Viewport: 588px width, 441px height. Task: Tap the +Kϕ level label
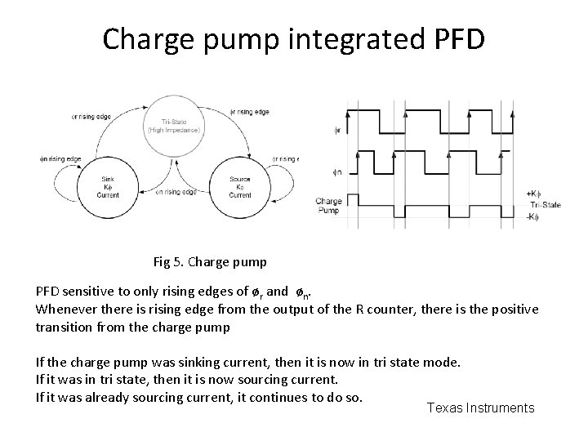[532, 194]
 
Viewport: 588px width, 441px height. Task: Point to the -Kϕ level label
[532, 216]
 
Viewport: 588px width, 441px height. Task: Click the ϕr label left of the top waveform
[338, 129]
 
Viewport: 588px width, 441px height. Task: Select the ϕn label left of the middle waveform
[338, 171]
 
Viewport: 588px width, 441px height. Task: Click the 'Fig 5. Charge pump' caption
[209, 263]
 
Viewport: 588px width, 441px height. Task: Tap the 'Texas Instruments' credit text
[480, 408]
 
